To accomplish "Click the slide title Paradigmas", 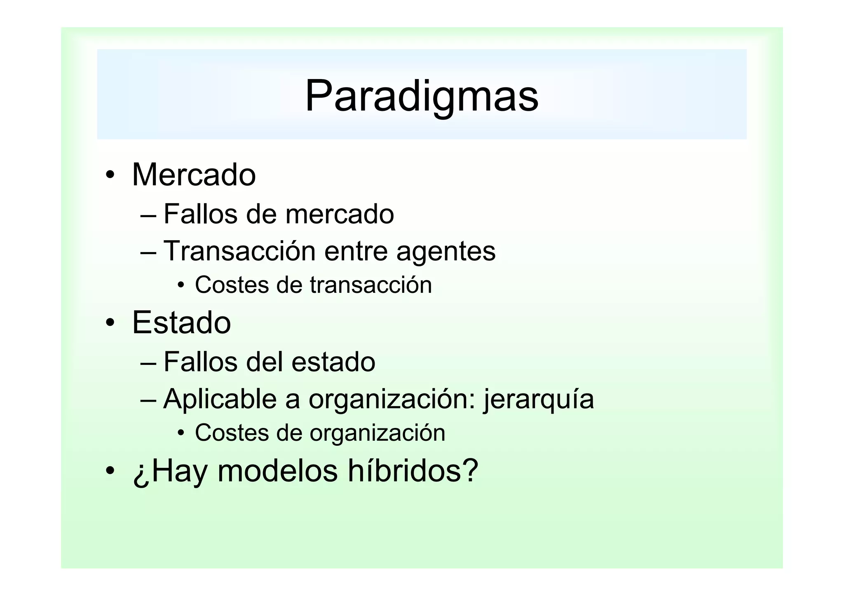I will tap(422, 96).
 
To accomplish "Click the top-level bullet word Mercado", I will tap(194, 175).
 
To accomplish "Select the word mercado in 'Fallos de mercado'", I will tap(340, 214).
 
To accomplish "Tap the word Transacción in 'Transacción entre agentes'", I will tap(239, 250).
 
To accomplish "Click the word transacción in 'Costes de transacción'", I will tap(370, 285).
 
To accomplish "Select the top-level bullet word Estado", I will tap(181, 323).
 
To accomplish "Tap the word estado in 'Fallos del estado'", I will tap(333, 362).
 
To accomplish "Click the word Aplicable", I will tap(220, 399).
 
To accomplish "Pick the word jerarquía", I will tap(539, 400).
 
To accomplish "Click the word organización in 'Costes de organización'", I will tap(377, 433).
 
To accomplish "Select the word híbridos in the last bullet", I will tap(413, 470).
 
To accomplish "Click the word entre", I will tap(356, 251).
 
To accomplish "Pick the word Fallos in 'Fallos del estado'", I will tap(200, 362).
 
